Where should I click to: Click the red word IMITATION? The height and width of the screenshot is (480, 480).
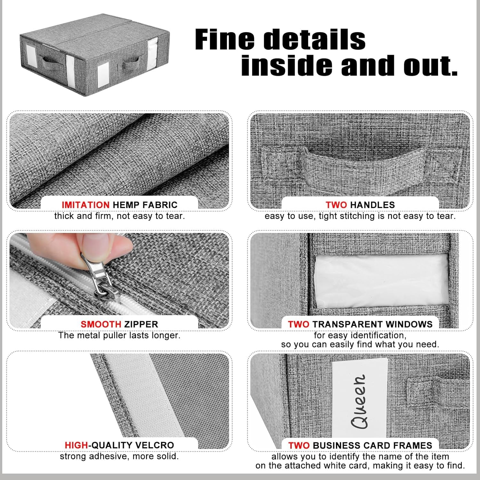(x=85, y=205)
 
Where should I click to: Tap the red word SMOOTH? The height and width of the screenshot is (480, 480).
(x=101, y=324)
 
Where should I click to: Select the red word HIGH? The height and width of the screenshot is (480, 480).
(x=76, y=445)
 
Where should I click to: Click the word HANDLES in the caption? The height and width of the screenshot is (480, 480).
(x=373, y=205)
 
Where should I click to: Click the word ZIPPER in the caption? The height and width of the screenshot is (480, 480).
(x=141, y=324)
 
